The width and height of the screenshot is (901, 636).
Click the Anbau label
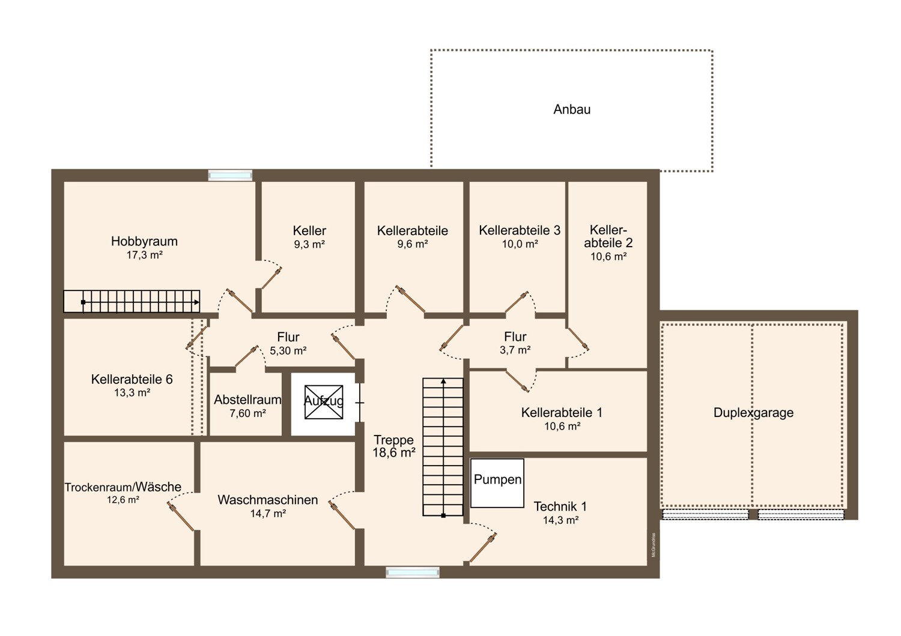pos(572,109)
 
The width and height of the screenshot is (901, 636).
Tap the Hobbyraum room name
pos(144,241)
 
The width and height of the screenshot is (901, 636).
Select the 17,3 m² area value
pos(144,255)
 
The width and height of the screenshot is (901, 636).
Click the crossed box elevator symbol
pos(323,402)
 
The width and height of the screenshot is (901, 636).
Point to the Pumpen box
pos(497,484)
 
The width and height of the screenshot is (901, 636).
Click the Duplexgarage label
pos(753,413)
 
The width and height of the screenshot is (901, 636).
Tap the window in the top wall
pos(230,175)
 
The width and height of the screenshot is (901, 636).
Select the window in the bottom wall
pos(413,572)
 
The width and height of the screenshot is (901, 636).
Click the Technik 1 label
pos(560,506)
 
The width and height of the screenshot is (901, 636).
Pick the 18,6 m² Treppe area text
pos(394,453)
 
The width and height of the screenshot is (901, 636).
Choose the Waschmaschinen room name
pos(267,500)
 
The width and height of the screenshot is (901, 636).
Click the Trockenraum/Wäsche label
pos(123,487)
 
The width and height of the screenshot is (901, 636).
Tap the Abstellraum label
pos(247,400)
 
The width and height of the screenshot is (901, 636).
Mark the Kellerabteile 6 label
pos(132,379)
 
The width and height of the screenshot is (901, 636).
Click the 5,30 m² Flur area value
pos(288,351)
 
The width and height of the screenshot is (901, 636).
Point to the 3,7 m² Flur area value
pos(515,350)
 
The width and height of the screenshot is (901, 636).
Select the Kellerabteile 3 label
pos(520,230)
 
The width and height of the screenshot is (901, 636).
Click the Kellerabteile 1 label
pos(562,413)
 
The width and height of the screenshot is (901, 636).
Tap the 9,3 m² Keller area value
pos(309,244)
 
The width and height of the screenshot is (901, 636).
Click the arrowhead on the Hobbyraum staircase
pos(196,302)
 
